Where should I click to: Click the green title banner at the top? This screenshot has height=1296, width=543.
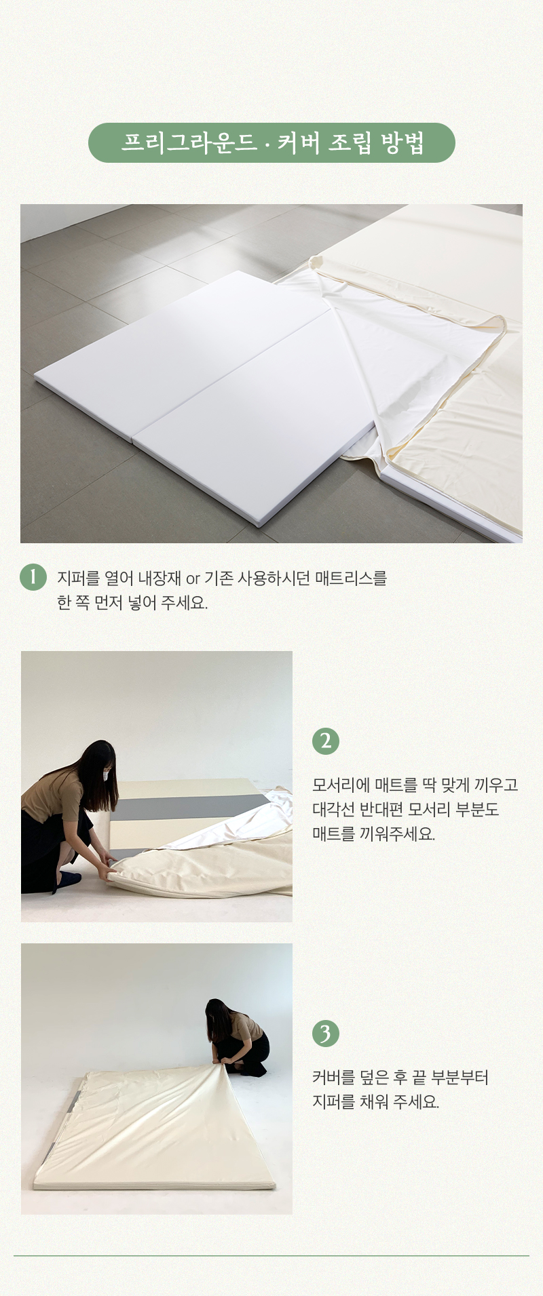pyautogui.click(x=271, y=142)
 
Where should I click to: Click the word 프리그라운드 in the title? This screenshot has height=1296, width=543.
pyautogui.click(x=189, y=142)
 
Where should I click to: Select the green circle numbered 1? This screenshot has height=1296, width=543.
pyautogui.click(x=33, y=577)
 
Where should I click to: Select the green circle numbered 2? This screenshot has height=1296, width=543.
pyautogui.click(x=326, y=741)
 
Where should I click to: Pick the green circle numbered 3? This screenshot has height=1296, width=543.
pyautogui.click(x=326, y=1034)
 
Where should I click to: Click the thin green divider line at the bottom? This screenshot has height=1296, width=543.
pyautogui.click(x=271, y=1256)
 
